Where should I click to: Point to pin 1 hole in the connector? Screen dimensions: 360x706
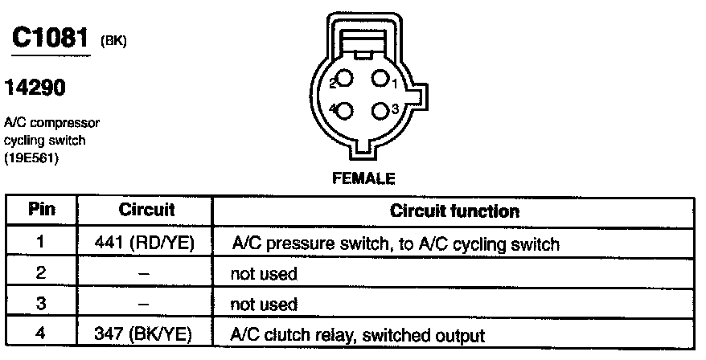[x=379, y=80]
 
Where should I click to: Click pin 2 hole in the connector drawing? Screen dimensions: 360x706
[x=346, y=80]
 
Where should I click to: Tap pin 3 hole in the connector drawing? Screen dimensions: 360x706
[x=379, y=109]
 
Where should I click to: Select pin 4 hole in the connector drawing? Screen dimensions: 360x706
[x=346, y=110]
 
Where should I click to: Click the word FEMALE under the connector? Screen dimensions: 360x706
[x=363, y=178]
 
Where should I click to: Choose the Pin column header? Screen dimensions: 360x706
[x=41, y=211]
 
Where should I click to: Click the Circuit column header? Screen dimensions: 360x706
[x=146, y=211]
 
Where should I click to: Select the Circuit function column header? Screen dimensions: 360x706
[x=454, y=211]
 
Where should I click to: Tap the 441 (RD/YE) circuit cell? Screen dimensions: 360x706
[x=146, y=242]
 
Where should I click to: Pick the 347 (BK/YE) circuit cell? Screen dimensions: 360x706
[x=146, y=334]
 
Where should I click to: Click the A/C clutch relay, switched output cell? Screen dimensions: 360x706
[x=358, y=334]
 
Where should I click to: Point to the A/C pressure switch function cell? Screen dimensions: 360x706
[x=394, y=242]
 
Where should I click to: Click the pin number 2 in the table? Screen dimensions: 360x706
[x=41, y=273]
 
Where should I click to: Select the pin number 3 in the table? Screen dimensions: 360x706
[x=41, y=304]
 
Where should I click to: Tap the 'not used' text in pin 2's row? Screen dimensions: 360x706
[x=264, y=273]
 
